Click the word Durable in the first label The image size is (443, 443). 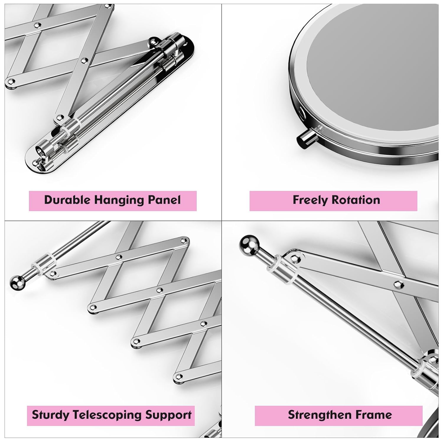click(x=67, y=200)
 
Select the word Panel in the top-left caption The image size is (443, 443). click(x=164, y=200)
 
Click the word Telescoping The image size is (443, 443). click(x=105, y=415)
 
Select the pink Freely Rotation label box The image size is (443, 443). click(x=333, y=201)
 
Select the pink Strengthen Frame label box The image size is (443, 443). click(x=338, y=416)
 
